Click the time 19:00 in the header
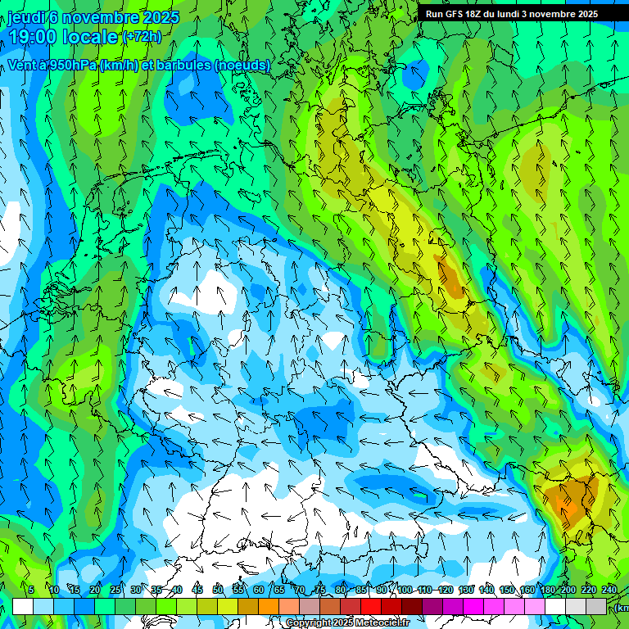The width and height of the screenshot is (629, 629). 38,36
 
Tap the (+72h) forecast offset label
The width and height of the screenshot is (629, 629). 142,36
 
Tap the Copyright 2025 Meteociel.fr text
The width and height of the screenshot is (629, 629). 348,622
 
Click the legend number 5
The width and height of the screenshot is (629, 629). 31,590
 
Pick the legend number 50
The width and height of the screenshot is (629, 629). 218,590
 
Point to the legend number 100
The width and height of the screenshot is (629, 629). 405,590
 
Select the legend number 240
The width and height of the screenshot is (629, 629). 609,590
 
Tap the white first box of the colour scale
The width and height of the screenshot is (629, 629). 23,606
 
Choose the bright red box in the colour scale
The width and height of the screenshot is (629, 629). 371,606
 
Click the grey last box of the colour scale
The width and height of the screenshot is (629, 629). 596,606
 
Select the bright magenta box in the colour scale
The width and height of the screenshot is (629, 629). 473,606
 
